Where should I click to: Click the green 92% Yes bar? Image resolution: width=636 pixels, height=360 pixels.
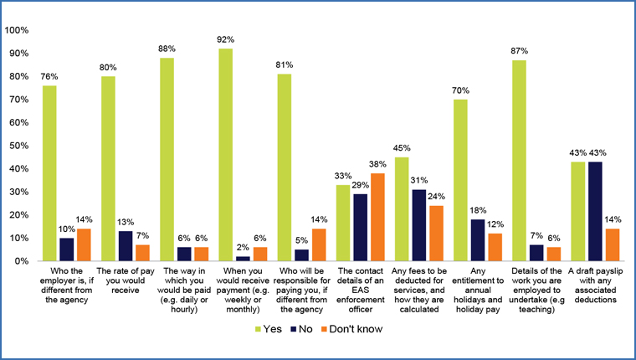pyautogui.click(x=226, y=155)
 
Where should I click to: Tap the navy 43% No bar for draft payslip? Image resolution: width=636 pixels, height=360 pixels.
pyautogui.click(x=595, y=211)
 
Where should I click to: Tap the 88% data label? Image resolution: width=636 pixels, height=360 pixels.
pyautogui.click(x=167, y=49)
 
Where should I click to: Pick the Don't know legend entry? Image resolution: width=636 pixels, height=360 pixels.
pyautogui.click(x=351, y=329)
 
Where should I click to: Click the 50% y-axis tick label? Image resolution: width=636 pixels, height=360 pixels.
pyautogui.click(x=19, y=146)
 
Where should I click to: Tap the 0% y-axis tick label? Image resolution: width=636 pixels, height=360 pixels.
pyautogui.click(x=22, y=261)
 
